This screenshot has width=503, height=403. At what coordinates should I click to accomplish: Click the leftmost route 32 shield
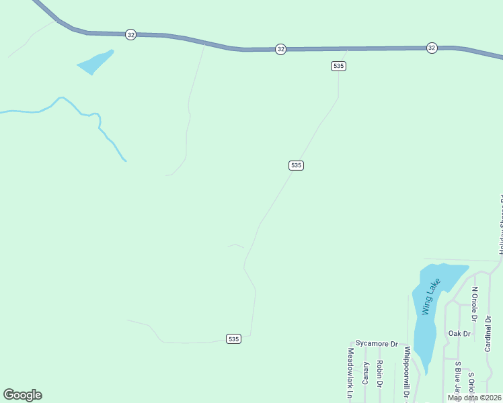[130, 34]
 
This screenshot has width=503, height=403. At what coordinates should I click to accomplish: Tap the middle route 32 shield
[280, 49]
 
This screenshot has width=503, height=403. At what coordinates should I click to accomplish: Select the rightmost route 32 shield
[431, 48]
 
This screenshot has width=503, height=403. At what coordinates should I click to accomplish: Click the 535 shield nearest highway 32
[338, 66]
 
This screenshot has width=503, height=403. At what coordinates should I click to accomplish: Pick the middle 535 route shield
[296, 165]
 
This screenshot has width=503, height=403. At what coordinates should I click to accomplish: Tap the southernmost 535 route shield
[233, 339]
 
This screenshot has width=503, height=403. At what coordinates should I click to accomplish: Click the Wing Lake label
[430, 296]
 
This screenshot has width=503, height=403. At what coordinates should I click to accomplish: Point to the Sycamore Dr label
[377, 343]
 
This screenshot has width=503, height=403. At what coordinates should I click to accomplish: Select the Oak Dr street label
[459, 333]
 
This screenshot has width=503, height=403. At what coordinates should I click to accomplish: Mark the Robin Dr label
[380, 376]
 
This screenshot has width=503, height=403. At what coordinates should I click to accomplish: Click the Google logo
[22, 395]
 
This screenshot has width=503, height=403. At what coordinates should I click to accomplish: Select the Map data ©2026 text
[474, 398]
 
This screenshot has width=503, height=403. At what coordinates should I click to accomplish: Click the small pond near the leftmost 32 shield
[95, 62]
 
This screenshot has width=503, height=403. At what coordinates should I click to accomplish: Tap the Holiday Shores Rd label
[500, 225]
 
